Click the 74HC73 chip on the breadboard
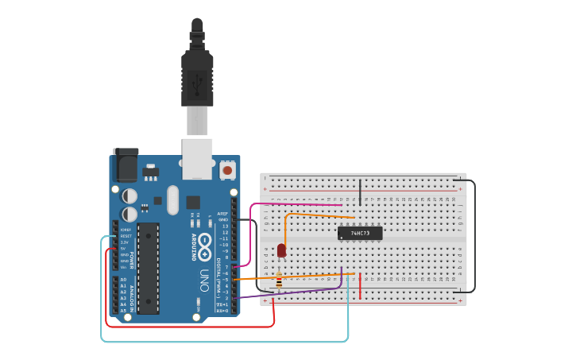(360, 233)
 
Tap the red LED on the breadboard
(281, 250)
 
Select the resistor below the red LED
(279, 279)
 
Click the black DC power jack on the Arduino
(126, 165)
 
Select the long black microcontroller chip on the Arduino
(148, 268)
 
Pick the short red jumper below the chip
(360, 285)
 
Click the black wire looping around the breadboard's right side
(475, 238)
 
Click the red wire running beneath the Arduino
(191, 326)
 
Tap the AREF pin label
(224, 214)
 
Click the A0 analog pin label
(123, 280)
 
